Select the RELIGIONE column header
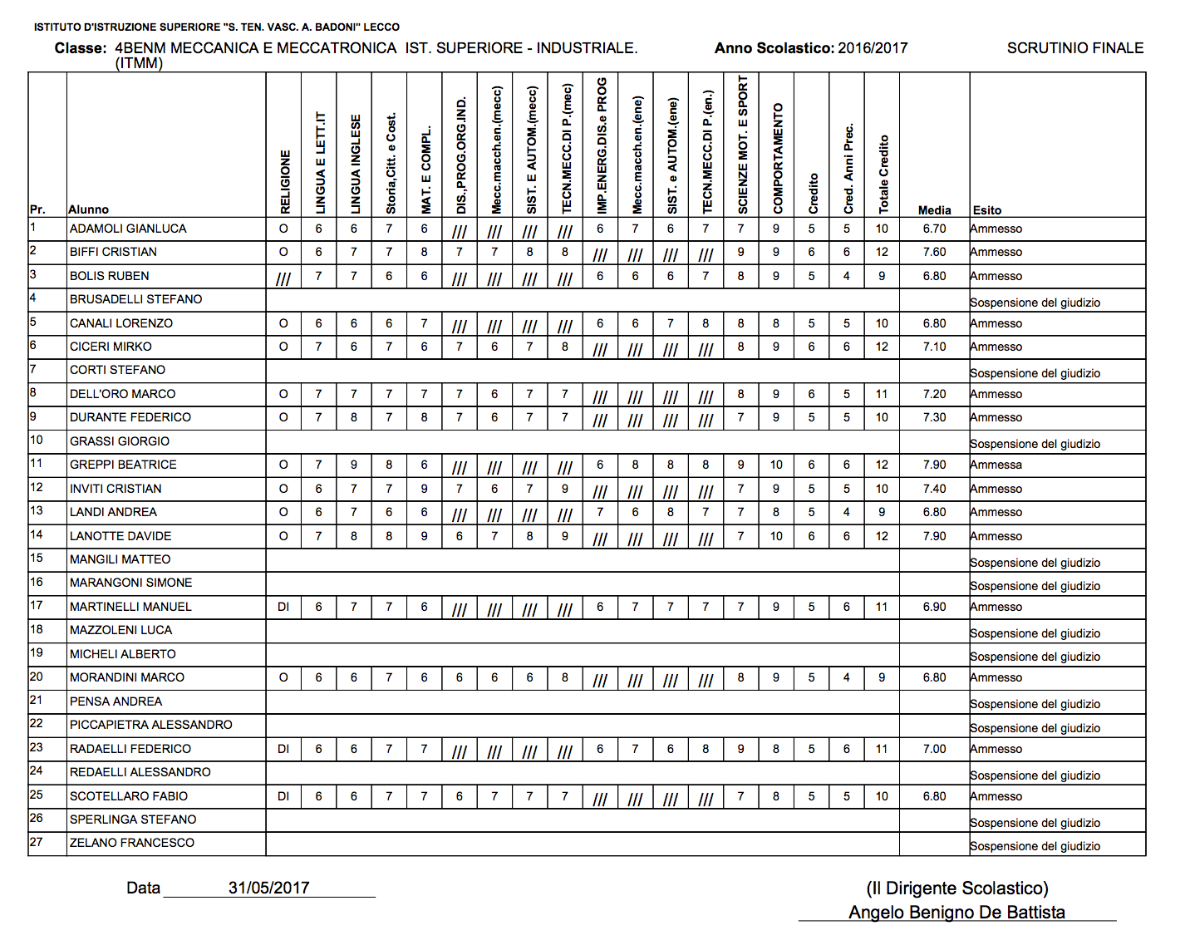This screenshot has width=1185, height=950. click(x=285, y=181)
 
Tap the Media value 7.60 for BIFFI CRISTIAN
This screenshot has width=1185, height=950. click(x=934, y=252)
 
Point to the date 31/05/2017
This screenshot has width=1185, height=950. click(x=268, y=888)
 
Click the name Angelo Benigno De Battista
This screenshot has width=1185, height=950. click(x=956, y=913)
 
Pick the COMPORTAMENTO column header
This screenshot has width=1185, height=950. click(x=778, y=158)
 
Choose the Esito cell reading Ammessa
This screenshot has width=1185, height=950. click(x=996, y=465)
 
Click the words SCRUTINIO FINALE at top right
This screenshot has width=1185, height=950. click(x=1074, y=48)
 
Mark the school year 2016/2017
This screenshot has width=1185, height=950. click(x=873, y=48)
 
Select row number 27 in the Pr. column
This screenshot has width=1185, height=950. click(x=37, y=841)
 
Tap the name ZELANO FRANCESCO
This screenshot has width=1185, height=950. click(x=132, y=843)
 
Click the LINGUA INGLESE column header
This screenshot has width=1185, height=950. click(x=356, y=164)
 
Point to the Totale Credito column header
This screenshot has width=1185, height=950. click(x=883, y=173)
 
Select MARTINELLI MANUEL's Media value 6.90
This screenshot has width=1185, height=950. click(x=934, y=607)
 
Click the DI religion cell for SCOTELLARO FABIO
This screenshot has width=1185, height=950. click(x=283, y=796)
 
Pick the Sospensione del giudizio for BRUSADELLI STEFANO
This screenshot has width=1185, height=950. click(x=1035, y=303)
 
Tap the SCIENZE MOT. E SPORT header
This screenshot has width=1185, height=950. click(x=743, y=144)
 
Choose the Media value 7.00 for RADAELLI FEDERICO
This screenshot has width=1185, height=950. click(x=934, y=749)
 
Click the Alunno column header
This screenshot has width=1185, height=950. click(x=88, y=209)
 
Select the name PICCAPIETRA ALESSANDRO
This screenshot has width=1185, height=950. click(x=151, y=725)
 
